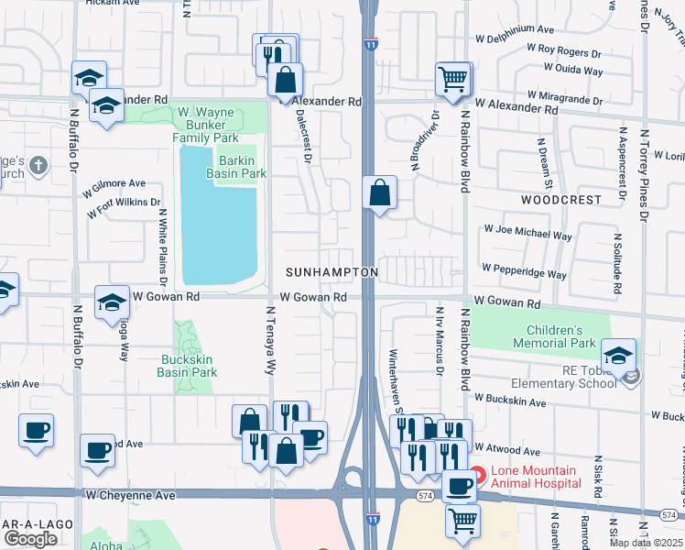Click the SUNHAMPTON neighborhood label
point(332,273)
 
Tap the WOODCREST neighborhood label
point(561,199)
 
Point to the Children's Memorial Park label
point(554,336)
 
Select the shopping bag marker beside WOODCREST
point(379,193)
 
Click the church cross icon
point(37,166)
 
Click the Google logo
point(30,538)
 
